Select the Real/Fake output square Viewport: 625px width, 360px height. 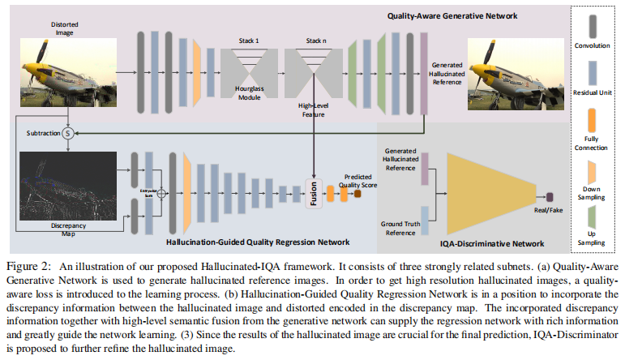(549, 195)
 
